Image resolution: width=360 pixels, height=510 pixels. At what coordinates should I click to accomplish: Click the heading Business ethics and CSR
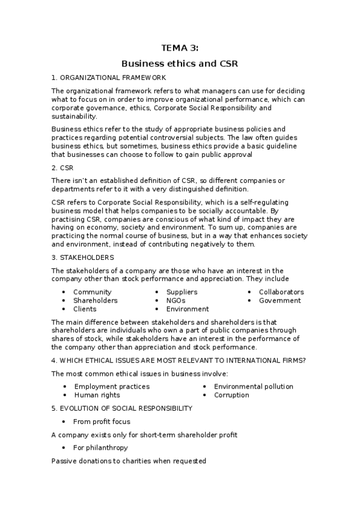(x=180, y=63)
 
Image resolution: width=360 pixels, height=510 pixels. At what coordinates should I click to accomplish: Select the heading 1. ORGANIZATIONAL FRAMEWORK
(x=109, y=78)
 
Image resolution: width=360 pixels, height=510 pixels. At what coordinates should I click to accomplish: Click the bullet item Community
(x=93, y=292)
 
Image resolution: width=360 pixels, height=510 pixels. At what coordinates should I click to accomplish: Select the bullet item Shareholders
(x=96, y=300)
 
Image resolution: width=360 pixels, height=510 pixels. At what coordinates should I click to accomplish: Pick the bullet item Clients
(x=85, y=309)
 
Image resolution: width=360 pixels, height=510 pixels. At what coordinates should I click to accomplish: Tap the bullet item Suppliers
(x=182, y=292)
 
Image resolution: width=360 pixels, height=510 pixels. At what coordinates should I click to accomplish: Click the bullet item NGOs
(x=175, y=300)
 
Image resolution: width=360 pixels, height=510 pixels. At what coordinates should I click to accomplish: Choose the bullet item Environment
(x=188, y=309)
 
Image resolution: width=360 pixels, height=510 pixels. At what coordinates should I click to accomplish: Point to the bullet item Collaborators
(x=281, y=292)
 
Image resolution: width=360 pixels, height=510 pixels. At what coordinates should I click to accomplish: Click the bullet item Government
(x=280, y=300)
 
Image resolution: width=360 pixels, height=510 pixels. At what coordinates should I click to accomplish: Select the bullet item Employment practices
(x=112, y=386)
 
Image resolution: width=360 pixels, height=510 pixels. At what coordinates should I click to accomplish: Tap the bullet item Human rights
(x=97, y=395)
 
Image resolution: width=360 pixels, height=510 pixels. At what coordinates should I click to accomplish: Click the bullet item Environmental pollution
(x=254, y=386)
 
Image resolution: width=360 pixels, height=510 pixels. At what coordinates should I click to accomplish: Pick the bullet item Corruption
(x=231, y=395)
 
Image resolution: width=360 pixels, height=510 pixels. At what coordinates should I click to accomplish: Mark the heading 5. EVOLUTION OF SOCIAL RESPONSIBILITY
(x=122, y=408)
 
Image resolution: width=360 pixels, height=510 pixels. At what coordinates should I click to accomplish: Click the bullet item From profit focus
(x=102, y=422)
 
